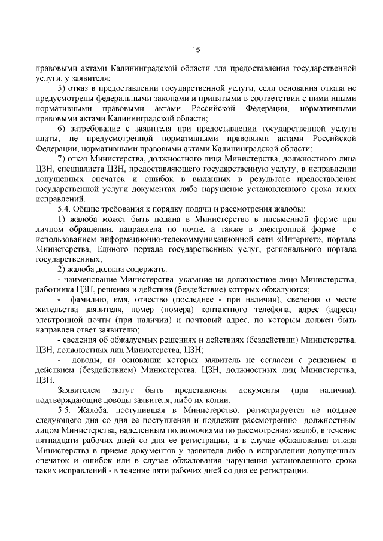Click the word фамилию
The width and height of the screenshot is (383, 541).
pyautogui.click(x=89, y=299)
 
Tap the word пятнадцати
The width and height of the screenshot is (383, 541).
pyautogui.click(x=59, y=441)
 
